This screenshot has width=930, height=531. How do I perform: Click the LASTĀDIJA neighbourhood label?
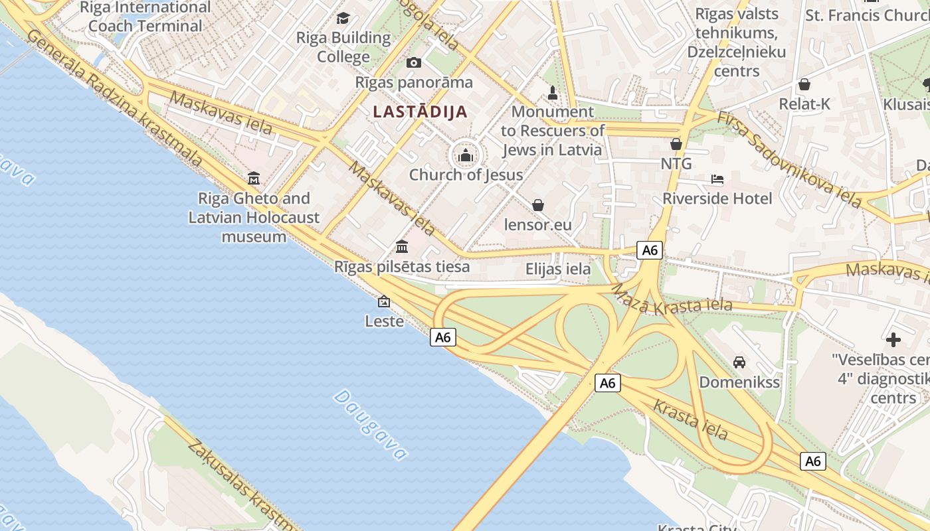(420, 112)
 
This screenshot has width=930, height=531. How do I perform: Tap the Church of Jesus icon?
(466, 156)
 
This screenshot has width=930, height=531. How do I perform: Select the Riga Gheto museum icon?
(254, 178)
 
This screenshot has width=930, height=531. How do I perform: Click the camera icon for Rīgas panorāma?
(414, 63)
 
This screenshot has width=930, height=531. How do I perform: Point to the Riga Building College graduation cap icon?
(343, 18)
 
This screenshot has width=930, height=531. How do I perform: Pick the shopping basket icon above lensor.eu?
(538, 205)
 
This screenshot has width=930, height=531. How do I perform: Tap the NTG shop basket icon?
(676, 144)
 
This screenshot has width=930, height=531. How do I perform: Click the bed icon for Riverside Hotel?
(717, 179)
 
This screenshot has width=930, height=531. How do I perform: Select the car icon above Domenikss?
(739, 362)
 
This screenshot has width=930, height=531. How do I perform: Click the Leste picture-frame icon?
(384, 301)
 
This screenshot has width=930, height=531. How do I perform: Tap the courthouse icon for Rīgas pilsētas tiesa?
(402, 247)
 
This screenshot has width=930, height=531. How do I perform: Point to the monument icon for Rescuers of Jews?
(552, 92)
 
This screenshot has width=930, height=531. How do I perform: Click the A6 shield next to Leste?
(443, 337)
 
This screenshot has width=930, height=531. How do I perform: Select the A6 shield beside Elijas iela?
(650, 250)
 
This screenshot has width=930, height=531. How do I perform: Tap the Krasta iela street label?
(690, 419)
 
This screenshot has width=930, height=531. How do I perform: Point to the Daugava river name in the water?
(370, 425)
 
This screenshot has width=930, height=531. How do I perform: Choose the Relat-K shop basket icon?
(804, 84)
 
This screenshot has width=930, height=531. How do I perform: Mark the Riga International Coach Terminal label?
(145, 17)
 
